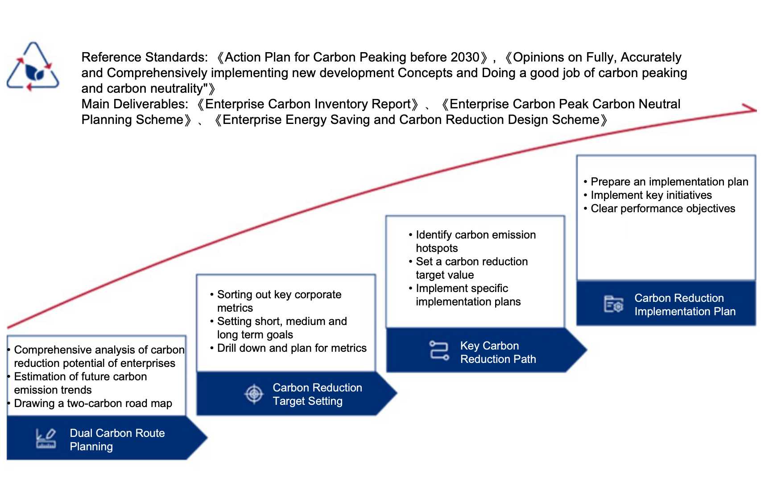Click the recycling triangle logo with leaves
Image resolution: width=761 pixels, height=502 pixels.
point(33,67)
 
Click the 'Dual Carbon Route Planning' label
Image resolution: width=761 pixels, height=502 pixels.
point(117,440)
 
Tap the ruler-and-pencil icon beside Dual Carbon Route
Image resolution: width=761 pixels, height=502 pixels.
point(45,439)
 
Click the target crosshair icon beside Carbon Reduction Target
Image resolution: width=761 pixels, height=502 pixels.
point(254,394)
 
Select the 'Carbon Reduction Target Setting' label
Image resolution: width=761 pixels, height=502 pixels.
point(317,394)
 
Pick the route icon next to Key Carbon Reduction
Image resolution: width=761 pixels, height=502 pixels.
point(439,350)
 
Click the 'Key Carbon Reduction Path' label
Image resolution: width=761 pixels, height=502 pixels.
point(497,352)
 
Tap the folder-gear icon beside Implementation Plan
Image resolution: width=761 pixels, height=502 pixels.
point(613,304)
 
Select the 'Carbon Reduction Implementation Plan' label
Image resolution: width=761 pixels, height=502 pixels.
point(684,304)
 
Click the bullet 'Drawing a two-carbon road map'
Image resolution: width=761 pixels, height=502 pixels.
point(93,403)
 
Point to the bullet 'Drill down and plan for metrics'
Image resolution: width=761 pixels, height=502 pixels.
point(291,348)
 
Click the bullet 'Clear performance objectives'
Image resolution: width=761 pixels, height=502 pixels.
point(662,209)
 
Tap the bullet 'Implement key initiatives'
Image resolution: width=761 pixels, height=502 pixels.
point(651,195)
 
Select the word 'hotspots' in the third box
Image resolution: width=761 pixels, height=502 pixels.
point(437,248)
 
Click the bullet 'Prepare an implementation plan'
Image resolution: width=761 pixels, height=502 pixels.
point(669,182)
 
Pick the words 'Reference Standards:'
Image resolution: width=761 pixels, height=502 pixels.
point(145,58)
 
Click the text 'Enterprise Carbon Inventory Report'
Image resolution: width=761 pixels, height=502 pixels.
point(308,104)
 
